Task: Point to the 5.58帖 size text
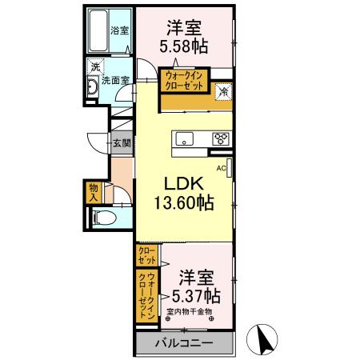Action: pyautogui.click(x=185, y=46)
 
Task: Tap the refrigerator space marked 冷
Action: pyautogui.click(x=224, y=92)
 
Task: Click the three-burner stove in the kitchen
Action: pyautogui.click(x=220, y=139)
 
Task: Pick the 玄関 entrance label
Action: pyautogui.click(x=122, y=144)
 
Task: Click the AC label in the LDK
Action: pyautogui.click(x=221, y=168)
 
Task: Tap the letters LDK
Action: pyautogui.click(x=183, y=182)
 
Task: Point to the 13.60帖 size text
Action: pyautogui.click(x=183, y=203)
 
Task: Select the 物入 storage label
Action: pyautogui.click(x=94, y=192)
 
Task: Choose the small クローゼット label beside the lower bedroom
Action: pyautogui.click(x=146, y=255)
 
